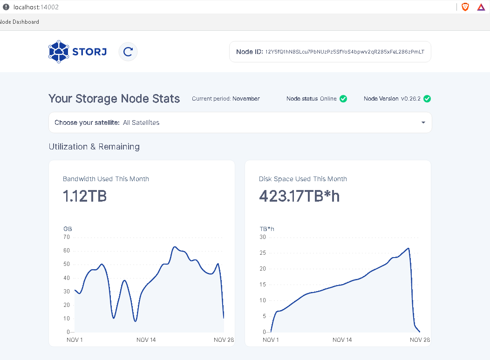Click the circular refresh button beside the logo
(128, 52)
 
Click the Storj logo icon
(58, 52)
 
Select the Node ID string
(345, 52)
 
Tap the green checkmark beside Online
(343, 99)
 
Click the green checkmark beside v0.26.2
(427, 99)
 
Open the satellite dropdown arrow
(423, 122)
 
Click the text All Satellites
(141, 122)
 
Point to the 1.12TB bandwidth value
(85, 197)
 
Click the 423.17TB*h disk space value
(299, 197)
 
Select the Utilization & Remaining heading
(94, 147)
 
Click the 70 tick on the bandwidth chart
(66, 237)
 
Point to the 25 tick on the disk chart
(262, 253)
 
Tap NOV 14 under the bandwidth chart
(146, 340)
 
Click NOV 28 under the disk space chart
(420, 340)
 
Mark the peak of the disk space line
(408, 248)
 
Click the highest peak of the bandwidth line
(175, 247)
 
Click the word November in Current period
(246, 99)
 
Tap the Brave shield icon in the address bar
(465, 7)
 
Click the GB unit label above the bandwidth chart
(68, 229)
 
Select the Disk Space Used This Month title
(303, 179)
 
